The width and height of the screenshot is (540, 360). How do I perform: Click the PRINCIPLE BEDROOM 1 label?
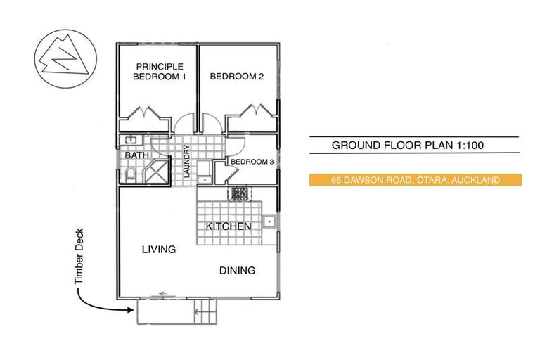click(160, 72)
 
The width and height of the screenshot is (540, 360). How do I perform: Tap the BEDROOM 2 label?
click(236, 77)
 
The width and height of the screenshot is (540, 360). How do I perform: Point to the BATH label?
click(136, 155)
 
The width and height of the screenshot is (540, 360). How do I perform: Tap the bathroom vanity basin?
click(130, 141)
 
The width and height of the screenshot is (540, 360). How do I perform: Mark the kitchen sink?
click(269, 223)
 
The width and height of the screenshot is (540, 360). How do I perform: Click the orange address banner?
click(415, 181)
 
